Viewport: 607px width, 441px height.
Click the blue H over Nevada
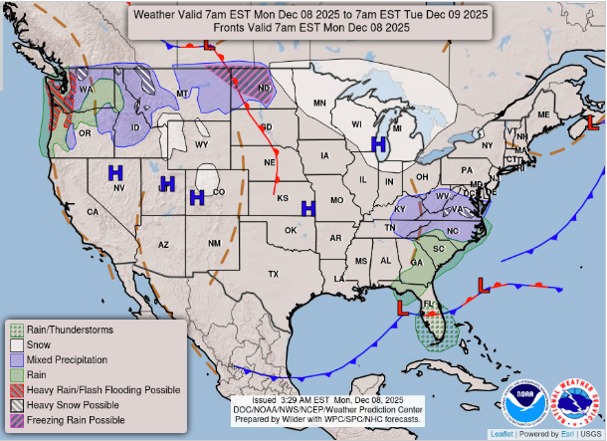115,173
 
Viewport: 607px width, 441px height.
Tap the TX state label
273,274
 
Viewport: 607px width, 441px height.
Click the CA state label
93,212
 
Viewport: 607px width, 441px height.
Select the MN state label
319,103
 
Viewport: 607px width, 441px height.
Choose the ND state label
265,91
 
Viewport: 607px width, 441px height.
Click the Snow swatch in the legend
17,343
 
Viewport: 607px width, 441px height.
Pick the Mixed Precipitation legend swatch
17,358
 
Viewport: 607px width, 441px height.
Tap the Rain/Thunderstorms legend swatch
17,329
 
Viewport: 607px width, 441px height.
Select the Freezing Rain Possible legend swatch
17,421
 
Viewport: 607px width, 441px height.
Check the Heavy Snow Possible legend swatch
17,405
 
